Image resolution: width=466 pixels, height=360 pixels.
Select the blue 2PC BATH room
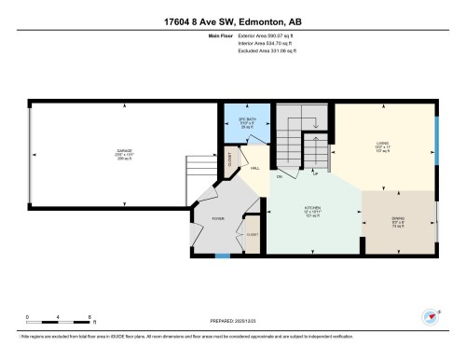(246, 122)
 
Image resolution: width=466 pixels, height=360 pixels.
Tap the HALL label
(254, 168)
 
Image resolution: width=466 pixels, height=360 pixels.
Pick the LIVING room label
(382, 144)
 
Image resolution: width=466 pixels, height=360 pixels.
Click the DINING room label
(398, 221)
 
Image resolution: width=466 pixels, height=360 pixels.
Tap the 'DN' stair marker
(280, 176)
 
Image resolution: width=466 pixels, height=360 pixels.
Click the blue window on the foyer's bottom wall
(222, 255)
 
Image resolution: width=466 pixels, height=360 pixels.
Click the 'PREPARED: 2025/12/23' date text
(232, 322)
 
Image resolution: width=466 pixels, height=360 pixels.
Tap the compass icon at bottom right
(432, 317)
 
